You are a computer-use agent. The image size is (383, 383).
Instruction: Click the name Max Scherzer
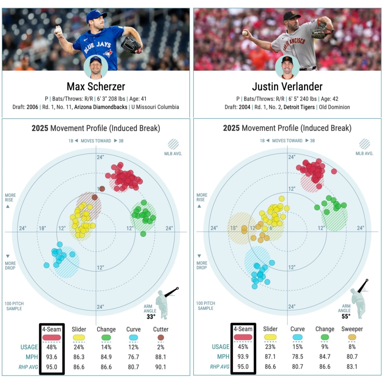coord(96,87)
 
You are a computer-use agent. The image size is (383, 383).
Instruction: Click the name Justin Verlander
coord(287,87)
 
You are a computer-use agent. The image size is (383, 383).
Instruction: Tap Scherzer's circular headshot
coord(96,67)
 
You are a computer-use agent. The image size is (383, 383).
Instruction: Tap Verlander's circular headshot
coord(287,67)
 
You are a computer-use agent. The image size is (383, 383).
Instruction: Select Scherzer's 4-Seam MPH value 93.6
coord(52,357)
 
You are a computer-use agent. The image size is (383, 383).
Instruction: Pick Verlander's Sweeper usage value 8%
coord(352,347)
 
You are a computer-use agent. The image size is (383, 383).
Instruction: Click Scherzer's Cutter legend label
coord(161,329)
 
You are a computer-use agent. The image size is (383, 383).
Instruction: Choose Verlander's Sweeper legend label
coord(352,329)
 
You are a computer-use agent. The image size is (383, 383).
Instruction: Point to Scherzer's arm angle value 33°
coord(151,316)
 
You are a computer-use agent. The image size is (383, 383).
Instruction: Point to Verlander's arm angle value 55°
coord(346,316)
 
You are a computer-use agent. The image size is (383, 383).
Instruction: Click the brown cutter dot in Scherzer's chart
coord(95,197)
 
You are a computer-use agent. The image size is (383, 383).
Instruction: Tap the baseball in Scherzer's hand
coord(58,30)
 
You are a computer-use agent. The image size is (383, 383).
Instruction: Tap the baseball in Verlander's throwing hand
coord(245,33)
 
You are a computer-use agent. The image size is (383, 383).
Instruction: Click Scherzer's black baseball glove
coord(131,45)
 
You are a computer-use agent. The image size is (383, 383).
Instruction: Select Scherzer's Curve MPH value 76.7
coord(134,357)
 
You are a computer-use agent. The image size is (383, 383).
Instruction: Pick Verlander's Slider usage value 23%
coord(270,347)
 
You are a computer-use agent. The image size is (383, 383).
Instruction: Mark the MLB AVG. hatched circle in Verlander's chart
coord(364,144)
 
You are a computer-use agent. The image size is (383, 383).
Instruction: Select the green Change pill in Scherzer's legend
coord(106,337)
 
